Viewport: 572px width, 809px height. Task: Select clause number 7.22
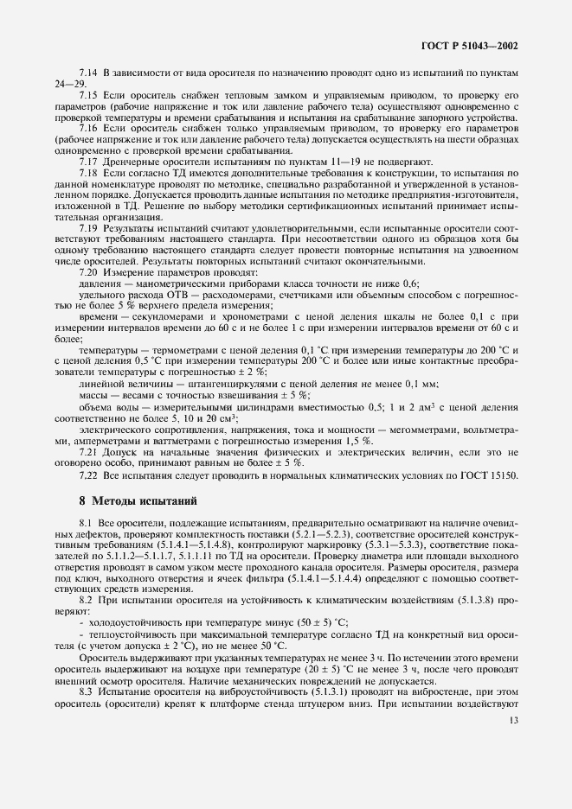point(87,475)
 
